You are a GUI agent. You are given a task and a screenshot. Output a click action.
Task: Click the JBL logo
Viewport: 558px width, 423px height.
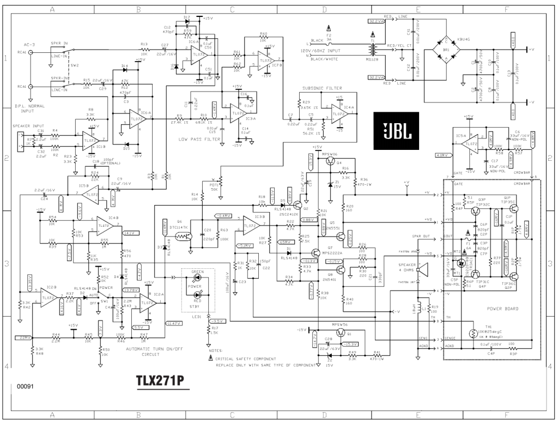pyautogui.click(x=396, y=131)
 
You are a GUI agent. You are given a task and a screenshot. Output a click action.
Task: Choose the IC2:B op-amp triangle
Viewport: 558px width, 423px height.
pyautogui.click(x=48, y=297)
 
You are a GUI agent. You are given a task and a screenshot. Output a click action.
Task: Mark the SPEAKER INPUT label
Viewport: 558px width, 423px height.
pyautogui.click(x=28, y=126)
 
